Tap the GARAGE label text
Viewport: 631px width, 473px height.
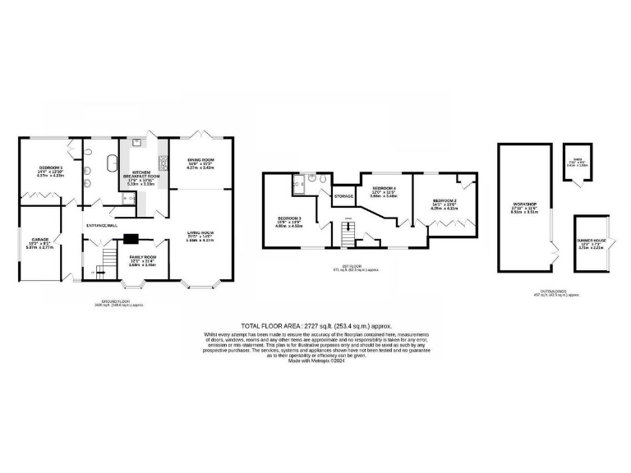(40, 241)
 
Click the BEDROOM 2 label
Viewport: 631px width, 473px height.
(444, 200)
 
